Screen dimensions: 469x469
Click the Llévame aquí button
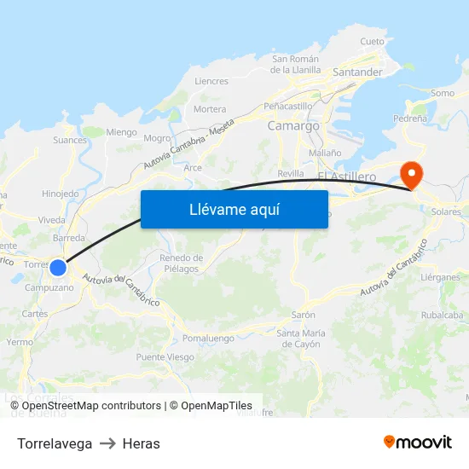(234, 209)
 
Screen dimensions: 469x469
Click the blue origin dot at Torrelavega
(58, 268)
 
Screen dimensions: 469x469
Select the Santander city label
(357, 72)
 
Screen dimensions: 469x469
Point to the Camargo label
(293, 125)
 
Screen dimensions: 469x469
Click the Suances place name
(70, 140)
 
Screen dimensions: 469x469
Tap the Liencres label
(211, 82)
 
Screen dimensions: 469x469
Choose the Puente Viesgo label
(165, 357)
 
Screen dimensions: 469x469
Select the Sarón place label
(304, 315)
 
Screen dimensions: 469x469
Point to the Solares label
(446, 211)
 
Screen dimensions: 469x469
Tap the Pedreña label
(410, 119)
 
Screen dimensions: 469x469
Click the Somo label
(443, 93)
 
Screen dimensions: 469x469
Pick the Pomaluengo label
(208, 338)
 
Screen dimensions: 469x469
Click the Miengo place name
(121, 132)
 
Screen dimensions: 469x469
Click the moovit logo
(418, 442)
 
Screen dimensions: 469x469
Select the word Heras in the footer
(142, 443)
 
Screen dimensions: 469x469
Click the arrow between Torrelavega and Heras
(107, 443)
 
